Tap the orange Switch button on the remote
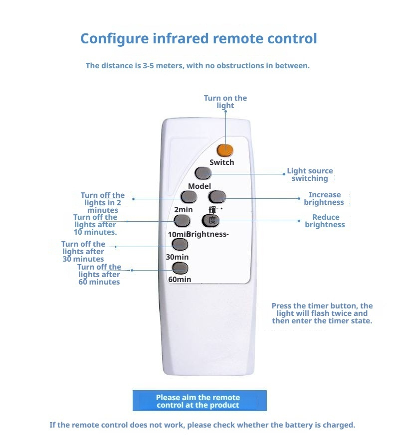coord(225,149)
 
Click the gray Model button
coord(203,173)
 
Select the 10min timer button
coord(182,221)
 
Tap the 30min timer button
coord(180,244)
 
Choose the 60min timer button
coord(180,268)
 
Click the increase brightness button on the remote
coord(217,196)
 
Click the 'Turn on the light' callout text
coord(225,102)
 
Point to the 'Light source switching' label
coord(310,174)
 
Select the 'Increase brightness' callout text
coord(324,198)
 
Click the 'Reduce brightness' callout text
coord(325,221)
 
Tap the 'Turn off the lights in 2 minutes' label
coord(103,202)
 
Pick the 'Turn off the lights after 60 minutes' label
coord(99,274)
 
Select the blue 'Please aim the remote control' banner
coord(199,401)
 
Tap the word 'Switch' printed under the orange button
coord(221,162)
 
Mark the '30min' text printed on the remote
coord(177,257)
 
